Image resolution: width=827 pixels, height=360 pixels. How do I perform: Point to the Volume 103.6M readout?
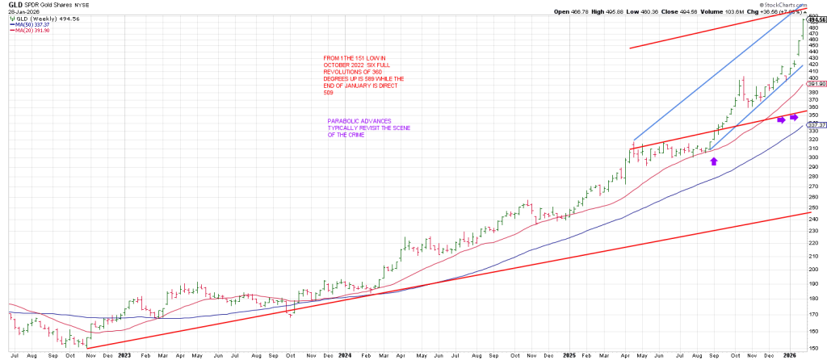[x=694, y=12]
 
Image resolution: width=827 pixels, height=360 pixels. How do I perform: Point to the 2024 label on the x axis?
[x=345, y=354]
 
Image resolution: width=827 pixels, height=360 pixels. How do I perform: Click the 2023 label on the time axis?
[x=124, y=354]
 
